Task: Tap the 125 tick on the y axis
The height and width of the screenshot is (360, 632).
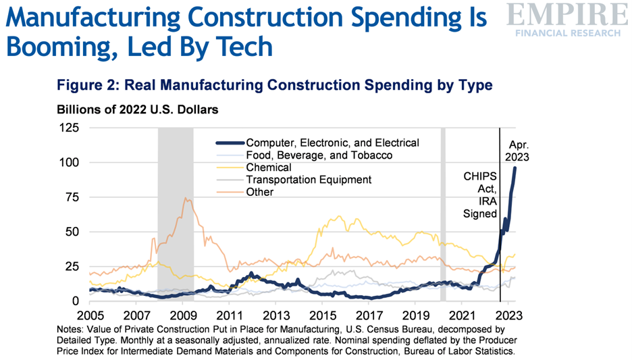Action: pyautogui.click(x=70, y=128)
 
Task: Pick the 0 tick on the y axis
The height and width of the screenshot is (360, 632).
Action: pyautogui.click(x=76, y=301)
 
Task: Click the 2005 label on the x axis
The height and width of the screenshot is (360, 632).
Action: pyautogui.click(x=90, y=315)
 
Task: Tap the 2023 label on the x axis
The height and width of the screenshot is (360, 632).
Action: pyautogui.click(x=507, y=315)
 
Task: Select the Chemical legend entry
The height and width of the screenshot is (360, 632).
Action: pyautogui.click(x=269, y=167)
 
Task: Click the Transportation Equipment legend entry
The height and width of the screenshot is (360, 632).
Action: pyautogui.click(x=309, y=180)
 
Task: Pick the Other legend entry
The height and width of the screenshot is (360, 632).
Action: pyautogui.click(x=260, y=192)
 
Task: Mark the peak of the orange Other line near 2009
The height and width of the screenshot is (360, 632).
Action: pyautogui.click(x=184, y=198)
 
